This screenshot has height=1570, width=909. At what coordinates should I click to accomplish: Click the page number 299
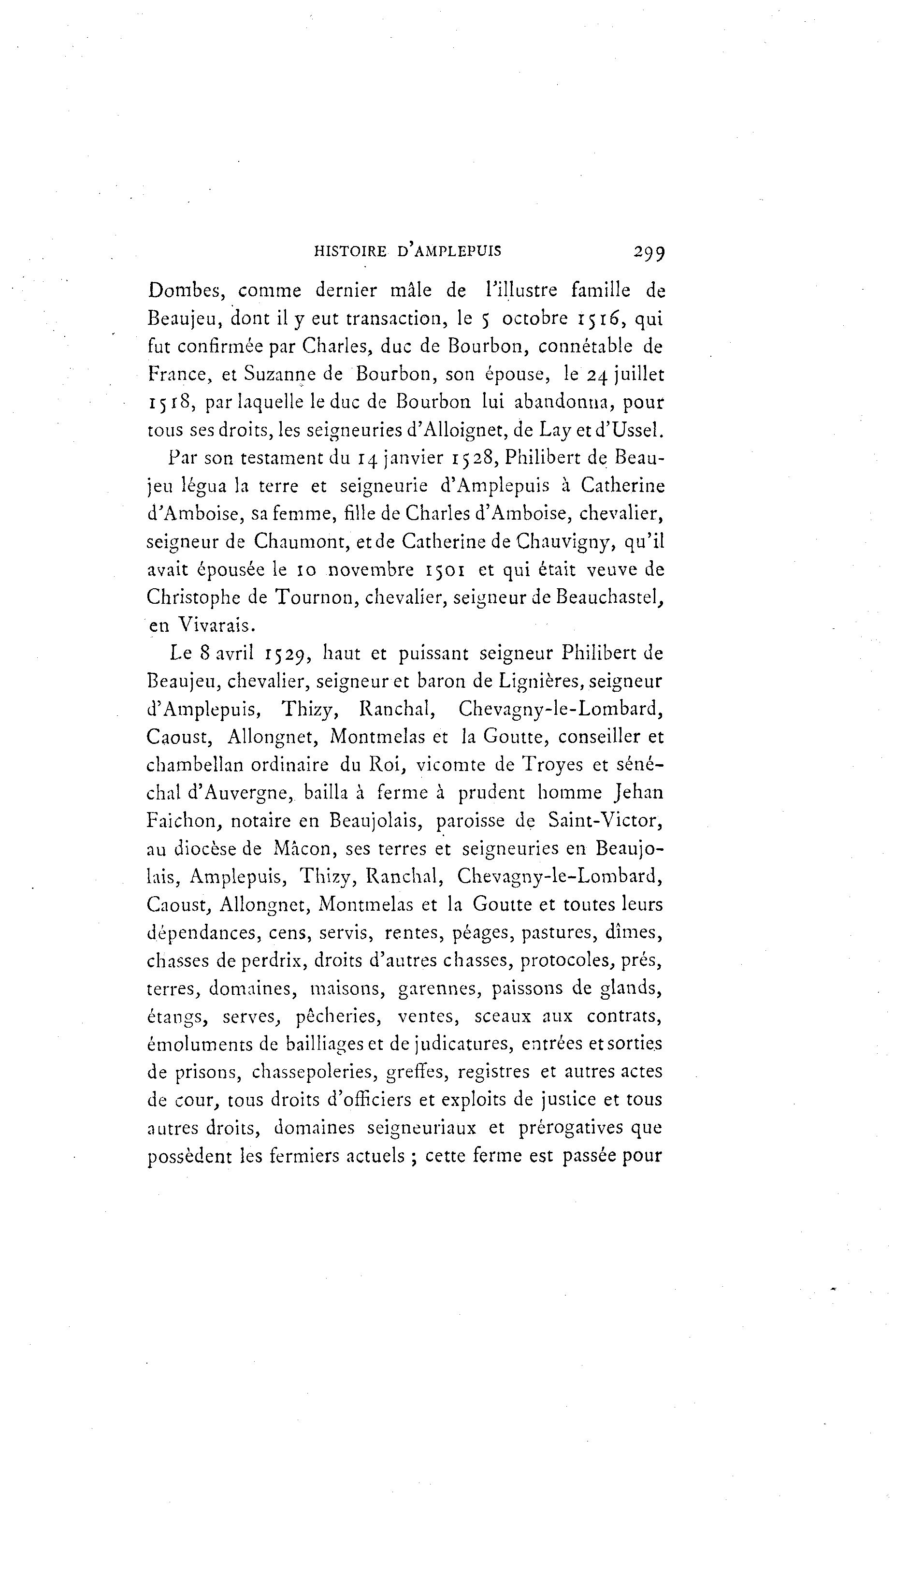point(649,252)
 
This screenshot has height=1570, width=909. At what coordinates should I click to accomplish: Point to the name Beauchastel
point(608,597)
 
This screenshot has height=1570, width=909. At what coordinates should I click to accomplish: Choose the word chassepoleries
point(313,1072)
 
